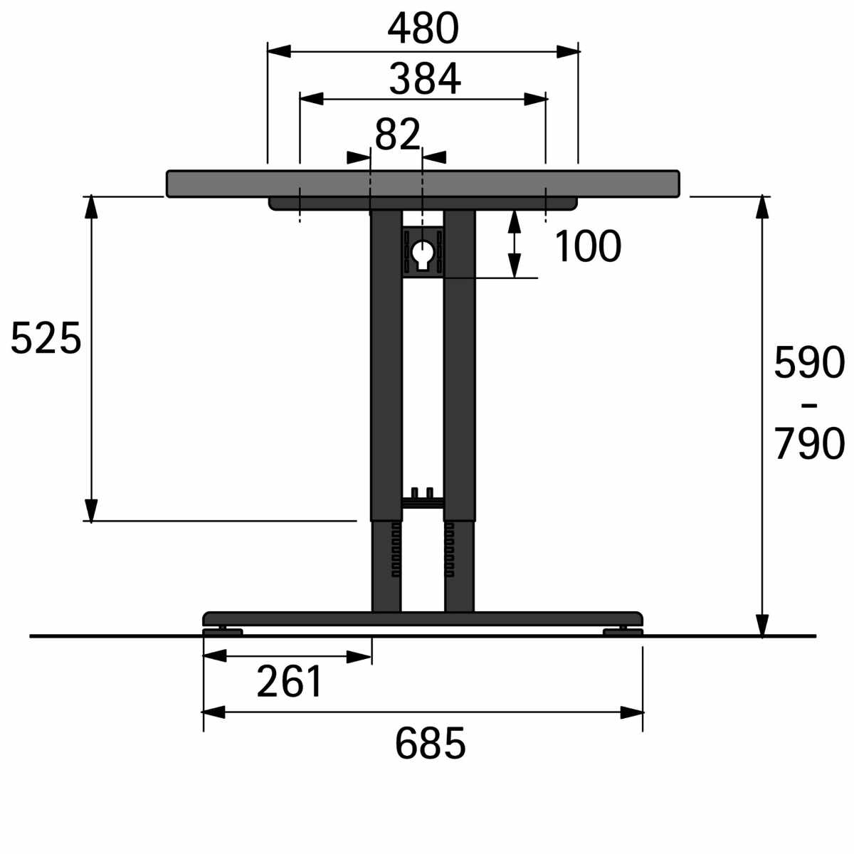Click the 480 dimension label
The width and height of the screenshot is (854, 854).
(423, 28)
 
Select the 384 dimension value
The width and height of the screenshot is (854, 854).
(425, 79)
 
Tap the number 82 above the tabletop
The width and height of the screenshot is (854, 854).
(398, 135)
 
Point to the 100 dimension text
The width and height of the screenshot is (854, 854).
(588, 246)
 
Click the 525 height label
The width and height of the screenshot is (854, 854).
(46, 338)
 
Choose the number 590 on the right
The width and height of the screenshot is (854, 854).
(809, 362)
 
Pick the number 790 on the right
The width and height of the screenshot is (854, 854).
(809, 443)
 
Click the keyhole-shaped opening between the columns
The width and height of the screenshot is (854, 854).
(423, 254)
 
